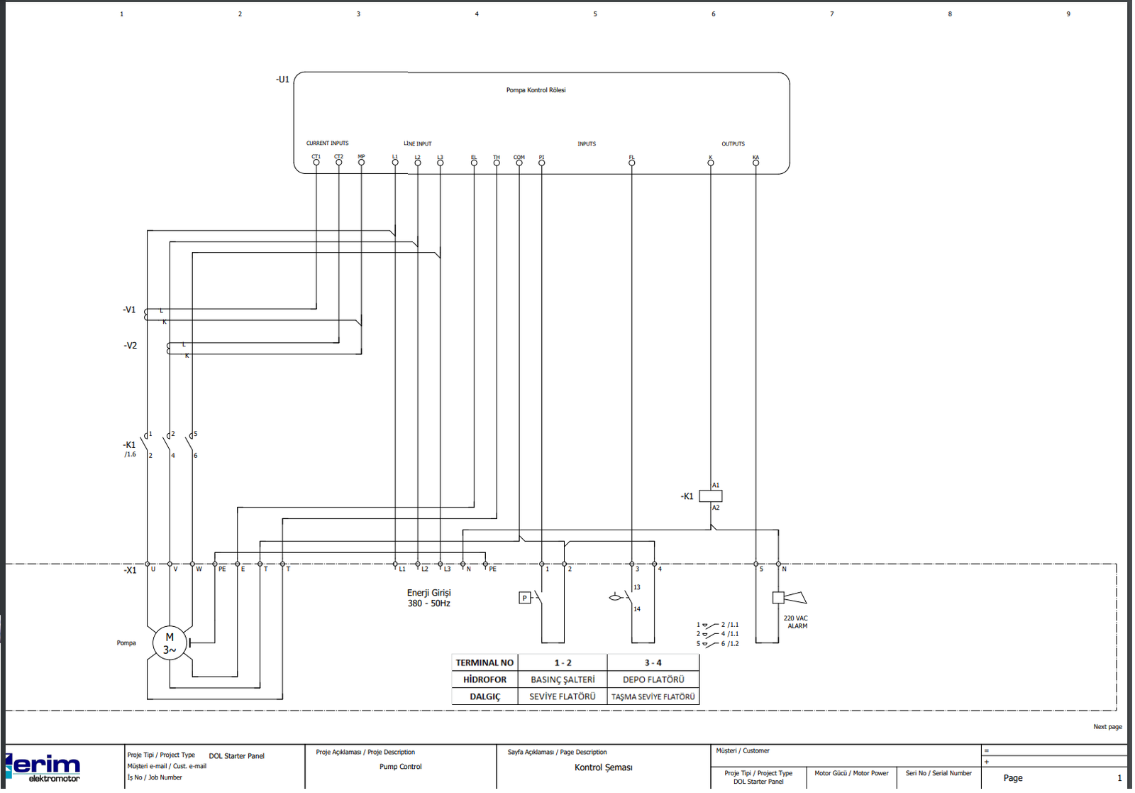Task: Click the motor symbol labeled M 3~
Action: (170, 643)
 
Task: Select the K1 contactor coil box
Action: (711, 496)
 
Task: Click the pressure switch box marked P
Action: (524, 598)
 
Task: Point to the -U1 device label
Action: (283, 80)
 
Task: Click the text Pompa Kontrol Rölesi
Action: (536, 90)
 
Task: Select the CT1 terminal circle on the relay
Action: (316, 163)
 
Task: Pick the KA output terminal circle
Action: (756, 163)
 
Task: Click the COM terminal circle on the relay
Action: (519, 163)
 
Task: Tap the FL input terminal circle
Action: (632, 163)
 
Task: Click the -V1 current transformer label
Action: (129, 310)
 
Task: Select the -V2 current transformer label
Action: (131, 346)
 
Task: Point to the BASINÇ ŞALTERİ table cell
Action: (563, 680)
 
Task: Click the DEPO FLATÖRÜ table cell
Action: (653, 680)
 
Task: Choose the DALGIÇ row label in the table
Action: (485, 697)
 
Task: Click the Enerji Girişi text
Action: (428, 593)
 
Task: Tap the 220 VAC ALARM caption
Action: (796, 623)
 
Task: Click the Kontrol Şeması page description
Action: (604, 767)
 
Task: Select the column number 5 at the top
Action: (595, 14)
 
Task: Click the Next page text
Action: (1107, 727)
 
